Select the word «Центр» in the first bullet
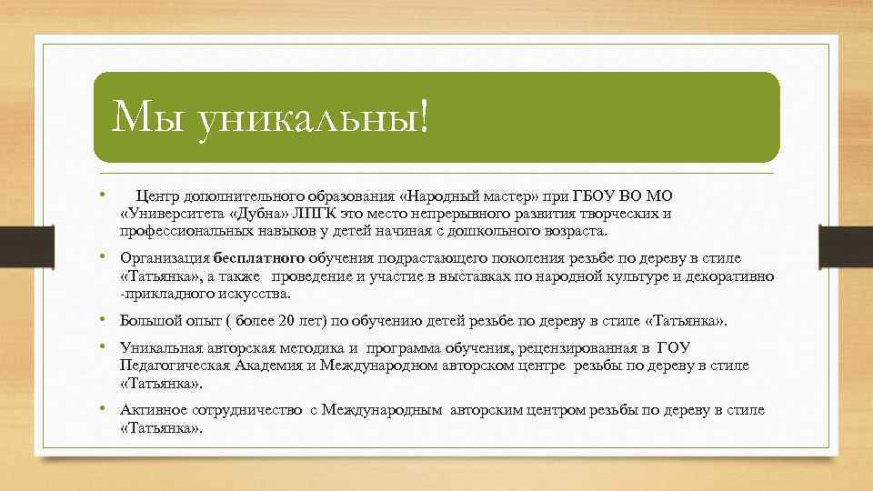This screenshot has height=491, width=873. click(x=157, y=196)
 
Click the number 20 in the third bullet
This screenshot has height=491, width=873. click(x=287, y=321)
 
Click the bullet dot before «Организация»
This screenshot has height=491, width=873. click(x=106, y=258)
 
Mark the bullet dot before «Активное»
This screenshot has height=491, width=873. click(x=106, y=409)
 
